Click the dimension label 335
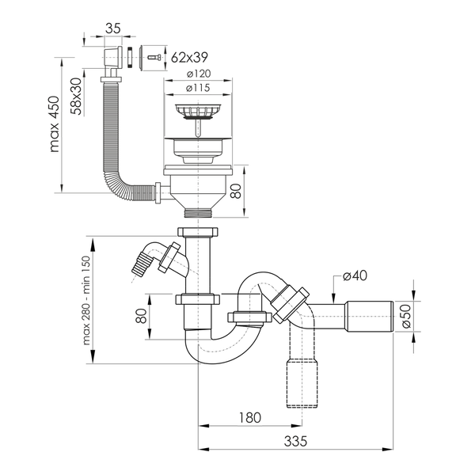(295, 441)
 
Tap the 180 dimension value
(250, 418)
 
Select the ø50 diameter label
(406, 316)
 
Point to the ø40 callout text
(355, 275)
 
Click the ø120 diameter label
(199, 74)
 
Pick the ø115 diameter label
(199, 88)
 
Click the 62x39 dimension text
(189, 57)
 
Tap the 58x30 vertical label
(76, 97)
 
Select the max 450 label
(54, 124)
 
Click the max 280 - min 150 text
(86, 301)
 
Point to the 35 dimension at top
(113, 28)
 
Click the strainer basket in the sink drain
(198, 112)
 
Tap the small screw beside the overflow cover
(154, 57)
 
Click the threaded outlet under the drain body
(199, 212)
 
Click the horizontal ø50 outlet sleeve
(369, 316)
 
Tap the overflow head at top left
(113, 57)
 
